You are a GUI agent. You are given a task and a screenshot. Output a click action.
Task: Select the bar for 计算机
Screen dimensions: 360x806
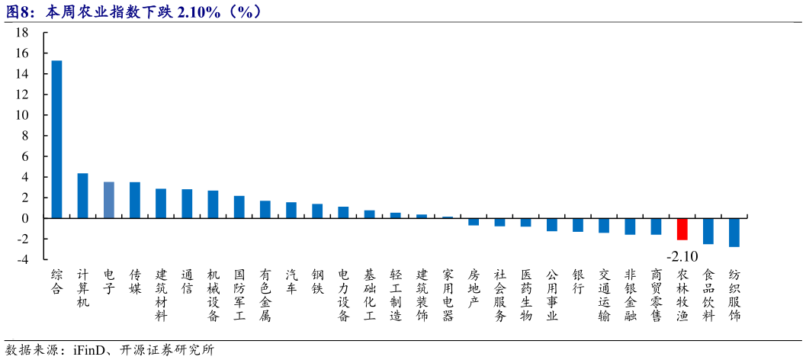[x=83, y=196]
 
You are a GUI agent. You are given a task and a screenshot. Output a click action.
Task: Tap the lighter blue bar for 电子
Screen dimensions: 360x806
[x=109, y=200]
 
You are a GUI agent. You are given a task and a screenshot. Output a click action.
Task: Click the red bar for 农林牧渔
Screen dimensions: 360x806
[x=682, y=229]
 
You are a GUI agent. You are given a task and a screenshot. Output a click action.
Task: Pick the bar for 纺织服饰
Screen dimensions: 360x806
[x=734, y=232]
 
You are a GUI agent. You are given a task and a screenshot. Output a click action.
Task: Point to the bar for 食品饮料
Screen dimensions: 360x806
[x=708, y=230]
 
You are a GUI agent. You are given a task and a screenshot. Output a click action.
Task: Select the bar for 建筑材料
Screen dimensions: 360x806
[x=161, y=204]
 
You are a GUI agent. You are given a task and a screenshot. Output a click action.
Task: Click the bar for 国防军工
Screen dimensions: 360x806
[x=239, y=207]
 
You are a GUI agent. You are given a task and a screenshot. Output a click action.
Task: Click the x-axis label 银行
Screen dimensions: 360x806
[x=578, y=281]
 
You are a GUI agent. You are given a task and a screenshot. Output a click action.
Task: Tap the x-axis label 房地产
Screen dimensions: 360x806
[x=474, y=288]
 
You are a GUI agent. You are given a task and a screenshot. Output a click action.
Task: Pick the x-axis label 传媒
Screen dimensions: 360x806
[x=135, y=281]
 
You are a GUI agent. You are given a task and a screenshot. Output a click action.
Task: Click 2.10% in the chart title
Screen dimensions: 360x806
[x=201, y=11]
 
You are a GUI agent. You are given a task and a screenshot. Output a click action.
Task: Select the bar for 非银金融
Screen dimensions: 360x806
[x=630, y=226]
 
